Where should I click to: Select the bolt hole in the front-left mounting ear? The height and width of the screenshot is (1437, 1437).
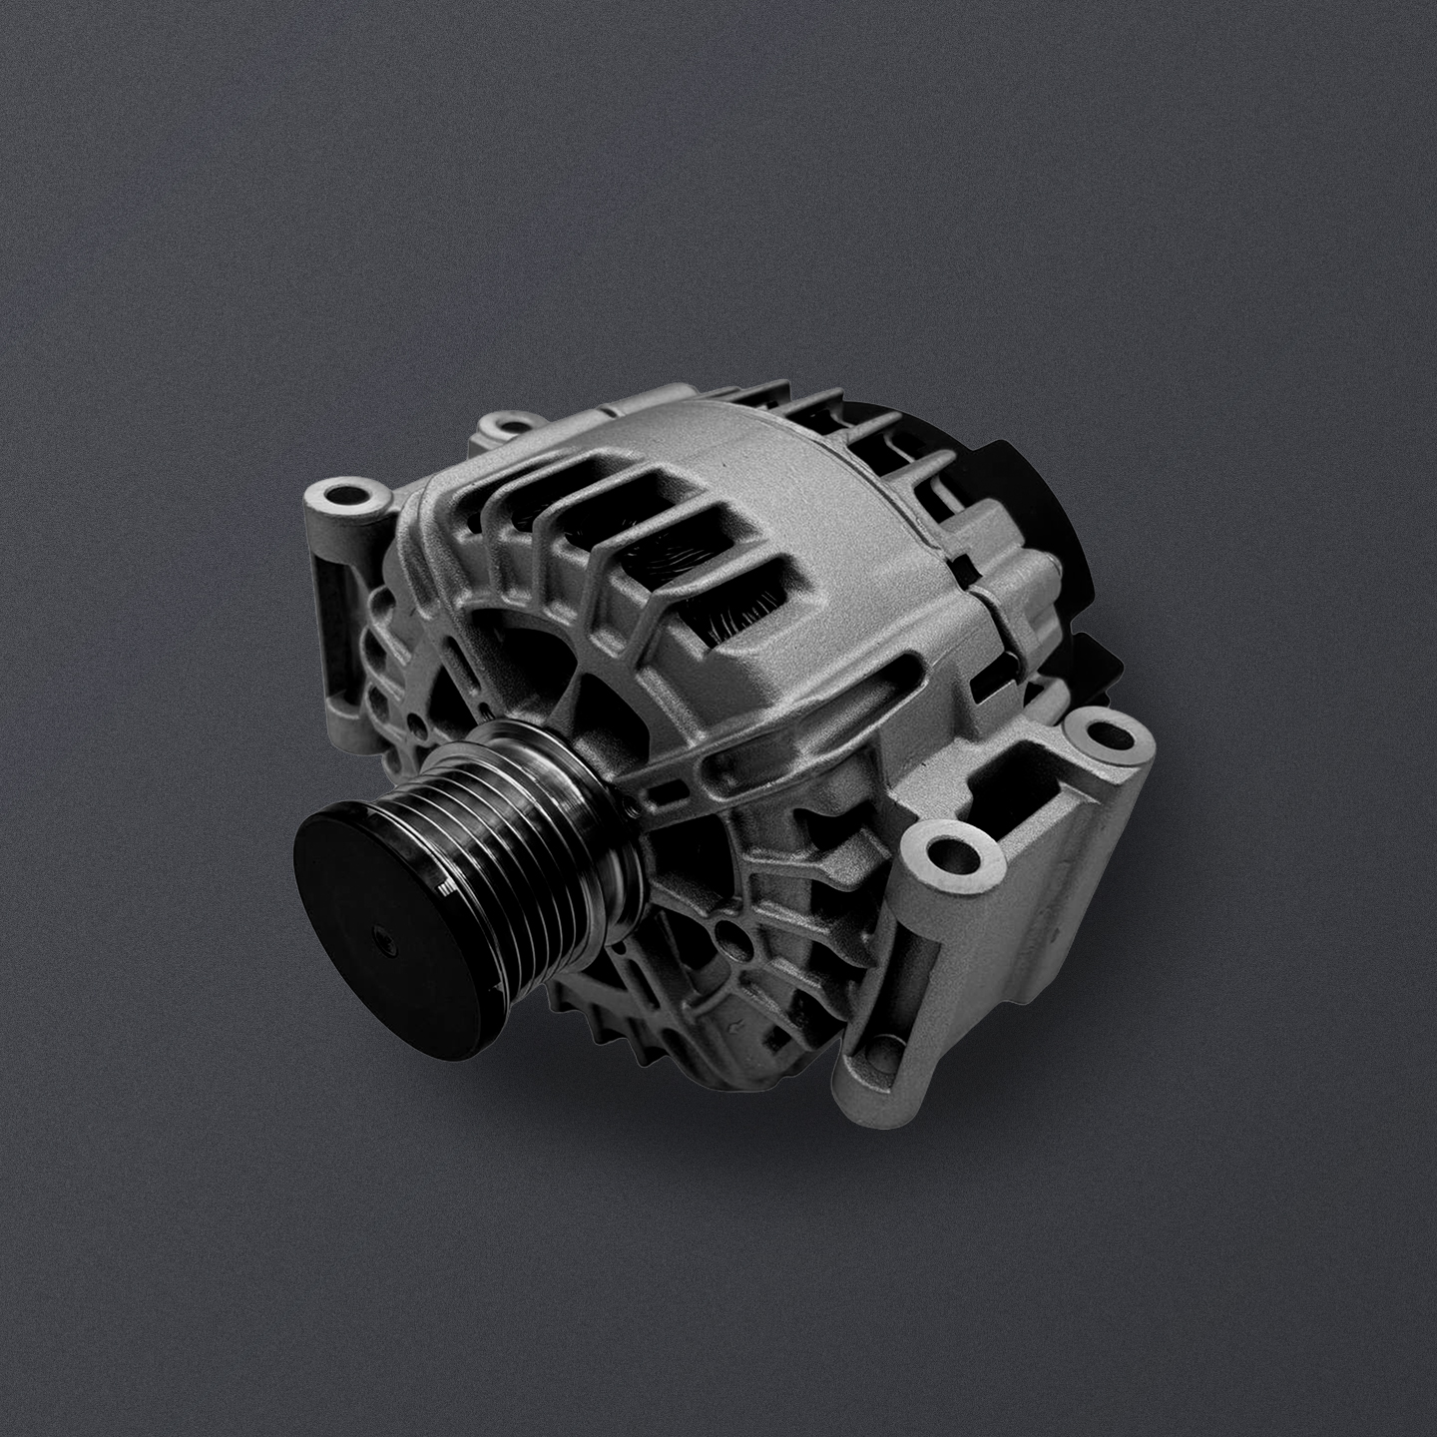click(x=344, y=493)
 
